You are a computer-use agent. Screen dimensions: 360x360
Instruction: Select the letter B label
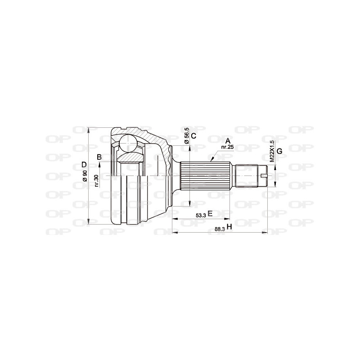99,157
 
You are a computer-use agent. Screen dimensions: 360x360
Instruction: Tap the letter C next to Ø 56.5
193,136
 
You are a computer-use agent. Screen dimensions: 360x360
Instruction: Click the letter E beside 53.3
210,214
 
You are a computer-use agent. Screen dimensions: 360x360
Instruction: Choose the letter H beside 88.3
229,227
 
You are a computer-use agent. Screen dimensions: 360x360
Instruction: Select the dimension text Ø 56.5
186,136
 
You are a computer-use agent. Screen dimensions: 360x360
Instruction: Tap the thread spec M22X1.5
271,151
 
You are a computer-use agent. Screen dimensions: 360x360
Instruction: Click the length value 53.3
201,215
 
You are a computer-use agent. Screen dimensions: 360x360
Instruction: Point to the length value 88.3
220,229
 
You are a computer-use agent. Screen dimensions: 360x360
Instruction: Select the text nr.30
96,180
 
